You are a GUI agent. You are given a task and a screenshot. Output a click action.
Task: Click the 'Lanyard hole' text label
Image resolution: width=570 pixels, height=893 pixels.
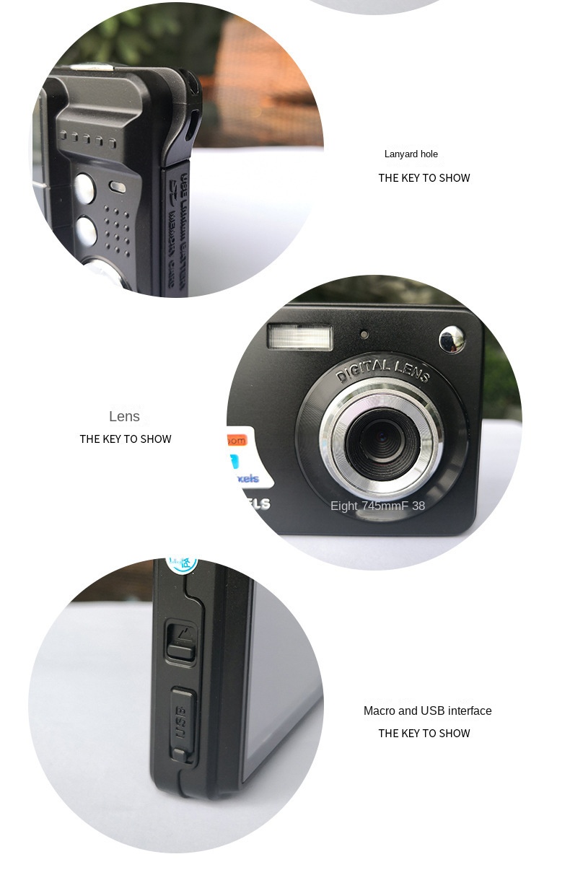[411, 154]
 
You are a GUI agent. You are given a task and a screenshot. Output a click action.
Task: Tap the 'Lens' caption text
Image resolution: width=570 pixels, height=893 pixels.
[124, 416]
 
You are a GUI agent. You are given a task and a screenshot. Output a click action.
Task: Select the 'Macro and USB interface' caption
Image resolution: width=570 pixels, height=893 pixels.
[427, 711]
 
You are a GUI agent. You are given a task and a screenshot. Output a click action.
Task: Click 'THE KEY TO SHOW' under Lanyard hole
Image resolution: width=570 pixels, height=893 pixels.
[424, 177]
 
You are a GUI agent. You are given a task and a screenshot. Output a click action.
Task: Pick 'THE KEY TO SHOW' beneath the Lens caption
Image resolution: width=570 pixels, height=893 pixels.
[126, 439]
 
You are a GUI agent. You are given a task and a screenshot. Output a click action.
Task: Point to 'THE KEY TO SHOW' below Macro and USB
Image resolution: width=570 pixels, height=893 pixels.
[424, 733]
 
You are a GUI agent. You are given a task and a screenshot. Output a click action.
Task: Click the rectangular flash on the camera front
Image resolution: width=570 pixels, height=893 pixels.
[300, 337]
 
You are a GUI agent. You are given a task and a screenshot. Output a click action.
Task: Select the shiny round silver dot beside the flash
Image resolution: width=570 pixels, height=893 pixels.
[452, 339]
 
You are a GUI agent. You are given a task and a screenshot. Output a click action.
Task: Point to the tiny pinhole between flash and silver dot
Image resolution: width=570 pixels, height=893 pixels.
[364, 334]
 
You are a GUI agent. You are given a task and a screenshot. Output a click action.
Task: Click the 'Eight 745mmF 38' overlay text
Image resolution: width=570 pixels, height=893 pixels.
[377, 506]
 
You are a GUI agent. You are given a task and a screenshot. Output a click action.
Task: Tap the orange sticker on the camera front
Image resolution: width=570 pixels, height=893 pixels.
[237, 439]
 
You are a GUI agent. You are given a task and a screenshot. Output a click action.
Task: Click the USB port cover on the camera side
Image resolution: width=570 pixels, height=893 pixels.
[182, 721]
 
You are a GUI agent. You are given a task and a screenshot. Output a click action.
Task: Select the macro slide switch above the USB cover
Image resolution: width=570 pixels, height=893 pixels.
[181, 641]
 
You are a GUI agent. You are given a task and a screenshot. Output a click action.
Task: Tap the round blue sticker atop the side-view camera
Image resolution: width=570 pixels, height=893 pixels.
[183, 563]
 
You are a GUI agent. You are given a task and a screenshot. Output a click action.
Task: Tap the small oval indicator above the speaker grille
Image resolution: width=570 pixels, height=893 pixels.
[118, 188]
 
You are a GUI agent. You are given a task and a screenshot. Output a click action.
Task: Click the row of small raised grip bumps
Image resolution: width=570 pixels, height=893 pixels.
[88, 138]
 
